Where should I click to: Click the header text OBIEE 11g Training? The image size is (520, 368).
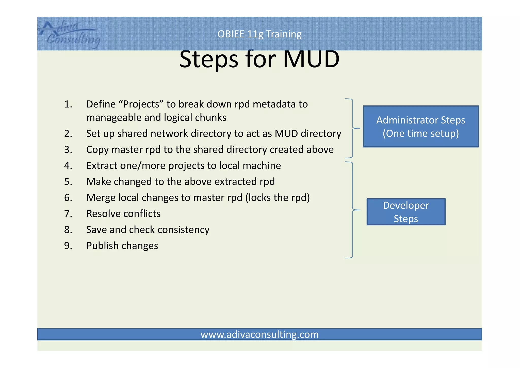click(259, 34)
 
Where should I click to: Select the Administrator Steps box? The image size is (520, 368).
click(421, 127)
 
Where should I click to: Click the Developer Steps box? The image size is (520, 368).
click(406, 212)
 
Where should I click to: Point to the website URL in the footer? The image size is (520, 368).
click(259, 334)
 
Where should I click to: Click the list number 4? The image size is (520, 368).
click(68, 166)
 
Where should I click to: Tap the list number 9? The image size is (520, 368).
click(68, 246)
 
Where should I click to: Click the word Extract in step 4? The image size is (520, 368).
click(102, 166)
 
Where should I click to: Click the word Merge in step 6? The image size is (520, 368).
click(101, 198)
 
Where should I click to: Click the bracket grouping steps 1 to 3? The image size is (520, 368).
click(352, 128)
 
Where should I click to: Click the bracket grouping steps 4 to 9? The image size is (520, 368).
click(352, 210)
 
